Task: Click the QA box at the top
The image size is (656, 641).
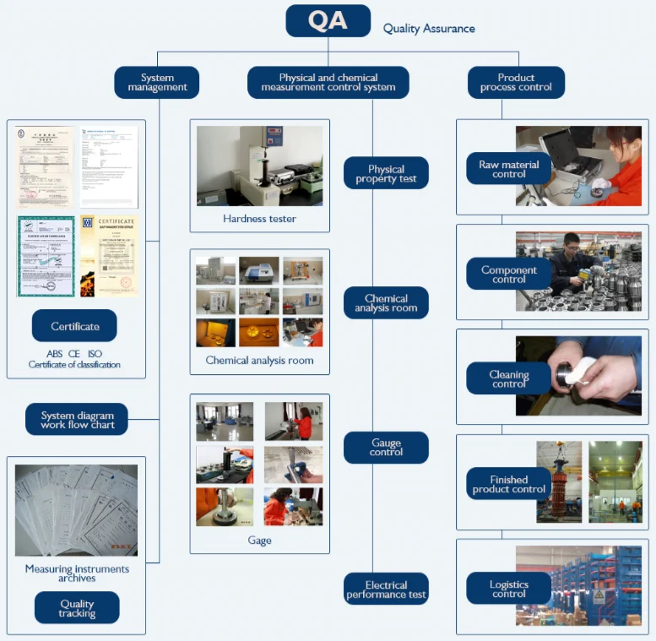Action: pyautogui.click(x=328, y=21)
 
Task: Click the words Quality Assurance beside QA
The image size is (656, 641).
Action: pyautogui.click(x=429, y=29)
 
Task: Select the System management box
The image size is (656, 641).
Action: pyautogui.click(x=157, y=83)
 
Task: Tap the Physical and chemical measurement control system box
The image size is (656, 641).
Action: pyautogui.click(x=328, y=83)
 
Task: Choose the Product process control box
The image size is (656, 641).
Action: pyautogui.click(x=516, y=83)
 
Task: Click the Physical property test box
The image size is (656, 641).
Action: pyautogui.click(x=386, y=173)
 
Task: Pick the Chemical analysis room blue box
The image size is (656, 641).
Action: pyautogui.click(x=386, y=302)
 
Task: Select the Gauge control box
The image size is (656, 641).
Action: pyautogui.click(x=386, y=448)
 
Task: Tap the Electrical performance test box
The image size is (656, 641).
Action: pyautogui.click(x=386, y=589)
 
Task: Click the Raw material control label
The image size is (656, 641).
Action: pyautogui.click(x=508, y=170)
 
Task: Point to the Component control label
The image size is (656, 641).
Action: pyautogui.click(x=508, y=274)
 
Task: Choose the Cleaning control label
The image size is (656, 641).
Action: pyautogui.click(x=508, y=379)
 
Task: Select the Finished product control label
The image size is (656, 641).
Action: pyautogui.click(x=508, y=484)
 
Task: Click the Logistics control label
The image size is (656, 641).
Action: pyautogui.click(x=508, y=589)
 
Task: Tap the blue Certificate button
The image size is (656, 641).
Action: pyautogui.click(x=74, y=326)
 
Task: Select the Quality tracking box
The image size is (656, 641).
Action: pyautogui.click(x=77, y=608)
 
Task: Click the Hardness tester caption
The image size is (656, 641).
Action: pyautogui.click(x=259, y=219)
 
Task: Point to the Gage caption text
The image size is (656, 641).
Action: pyautogui.click(x=259, y=541)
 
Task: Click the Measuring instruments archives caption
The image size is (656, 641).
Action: pyautogui.click(x=77, y=573)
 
